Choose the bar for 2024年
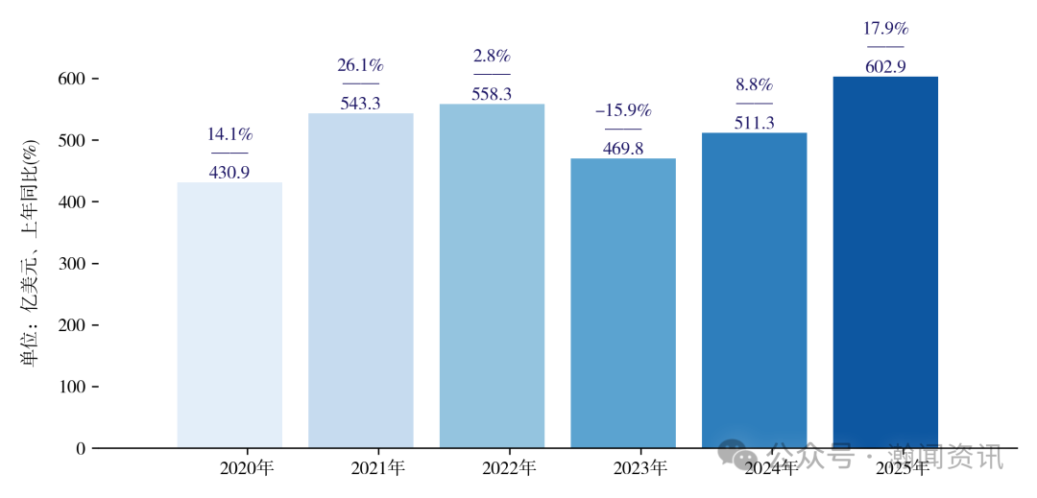point(754,288)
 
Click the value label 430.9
point(229,173)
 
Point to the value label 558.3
point(492,94)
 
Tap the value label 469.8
point(623,149)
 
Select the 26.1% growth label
point(361,65)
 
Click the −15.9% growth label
point(623,110)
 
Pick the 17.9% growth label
point(885,29)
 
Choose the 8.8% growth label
point(754,84)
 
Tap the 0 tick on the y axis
point(80,448)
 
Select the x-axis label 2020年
point(247,469)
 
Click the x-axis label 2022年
point(509,469)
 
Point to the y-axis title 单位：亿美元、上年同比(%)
point(30,253)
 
